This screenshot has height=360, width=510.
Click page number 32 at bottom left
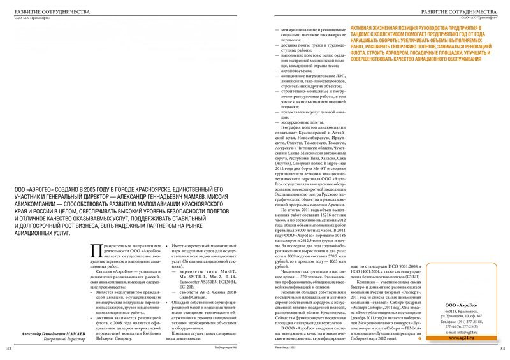(x=8, y=349)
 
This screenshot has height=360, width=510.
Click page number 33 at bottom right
(x=502, y=349)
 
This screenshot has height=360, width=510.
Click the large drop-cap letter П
(x=97, y=251)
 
